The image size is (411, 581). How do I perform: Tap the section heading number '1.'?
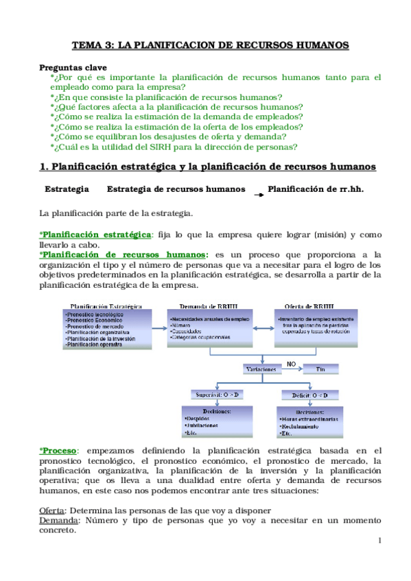click(x=44, y=166)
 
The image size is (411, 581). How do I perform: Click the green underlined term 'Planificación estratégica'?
click(x=95, y=235)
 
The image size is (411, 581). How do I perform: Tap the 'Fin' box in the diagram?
click(x=319, y=369)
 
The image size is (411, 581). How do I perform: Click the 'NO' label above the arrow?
click(x=291, y=363)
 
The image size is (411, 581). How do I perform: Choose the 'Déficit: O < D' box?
click(x=305, y=395)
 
